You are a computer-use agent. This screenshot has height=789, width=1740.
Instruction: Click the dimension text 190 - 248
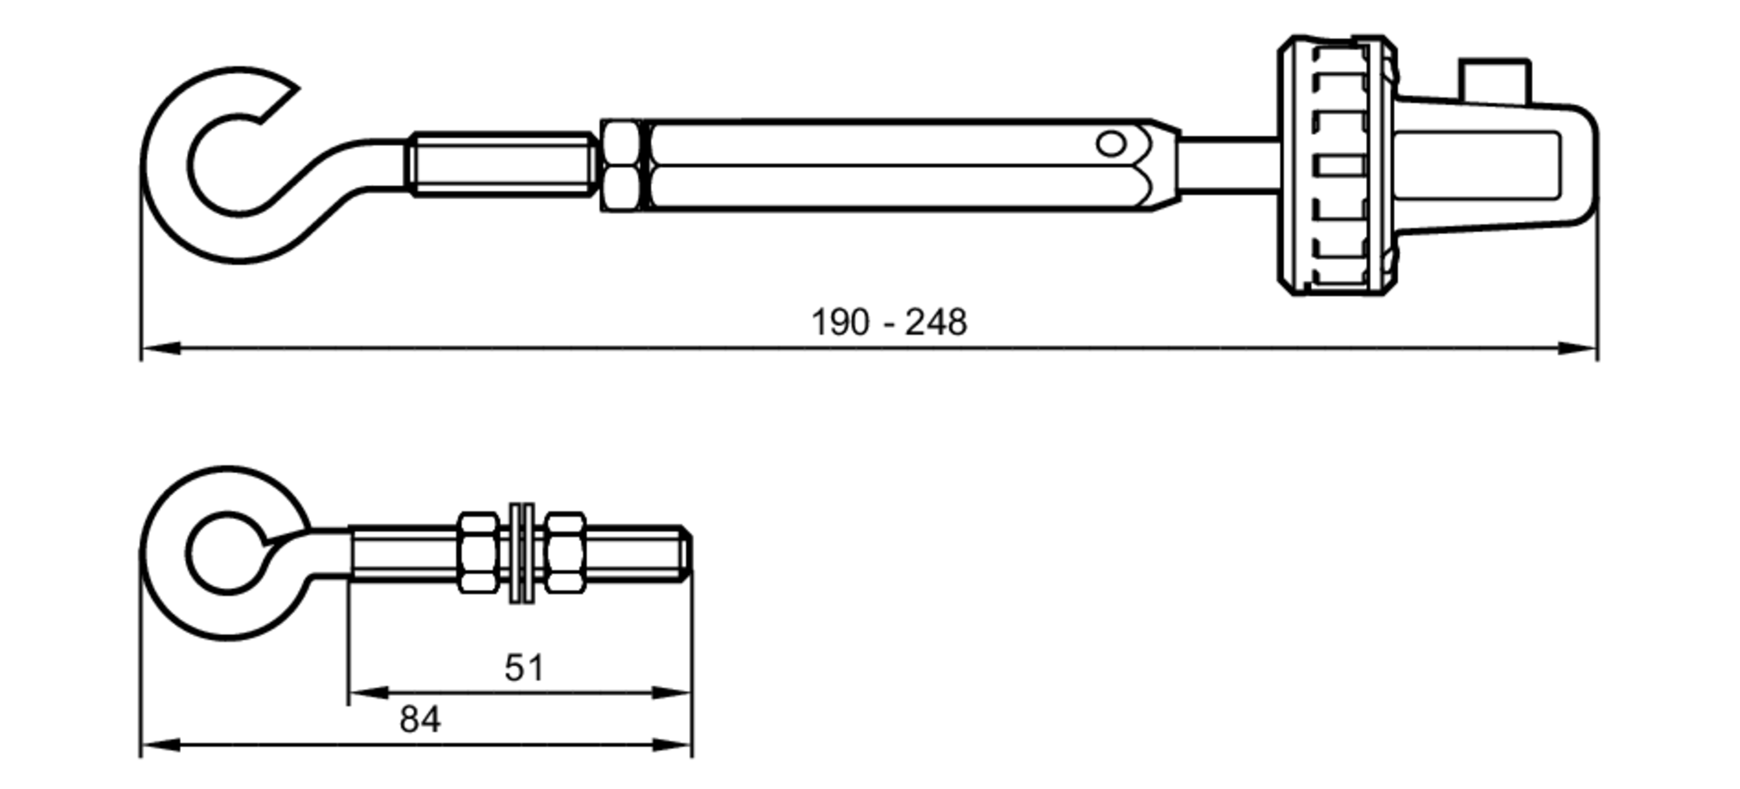888,323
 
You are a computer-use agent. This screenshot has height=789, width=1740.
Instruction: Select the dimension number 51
524,668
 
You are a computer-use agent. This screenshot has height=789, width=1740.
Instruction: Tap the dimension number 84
419,720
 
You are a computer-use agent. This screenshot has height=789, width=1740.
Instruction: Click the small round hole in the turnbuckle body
1110,144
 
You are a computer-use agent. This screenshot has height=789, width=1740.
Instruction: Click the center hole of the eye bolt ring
226,553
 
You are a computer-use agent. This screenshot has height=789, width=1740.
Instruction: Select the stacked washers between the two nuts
522,553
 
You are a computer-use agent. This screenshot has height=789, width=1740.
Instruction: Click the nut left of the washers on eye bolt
478,553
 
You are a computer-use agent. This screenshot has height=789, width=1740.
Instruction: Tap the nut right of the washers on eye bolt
565,553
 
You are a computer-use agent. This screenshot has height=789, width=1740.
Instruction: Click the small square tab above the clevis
1495,79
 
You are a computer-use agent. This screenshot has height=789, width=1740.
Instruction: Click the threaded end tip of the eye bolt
686,552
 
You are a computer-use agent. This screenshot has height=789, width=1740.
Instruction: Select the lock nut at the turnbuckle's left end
623,166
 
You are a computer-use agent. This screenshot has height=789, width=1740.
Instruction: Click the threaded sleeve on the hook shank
502,164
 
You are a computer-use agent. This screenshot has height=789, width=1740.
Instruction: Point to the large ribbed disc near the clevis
1336,165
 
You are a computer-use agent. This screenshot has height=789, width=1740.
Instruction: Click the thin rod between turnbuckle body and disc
1228,164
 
